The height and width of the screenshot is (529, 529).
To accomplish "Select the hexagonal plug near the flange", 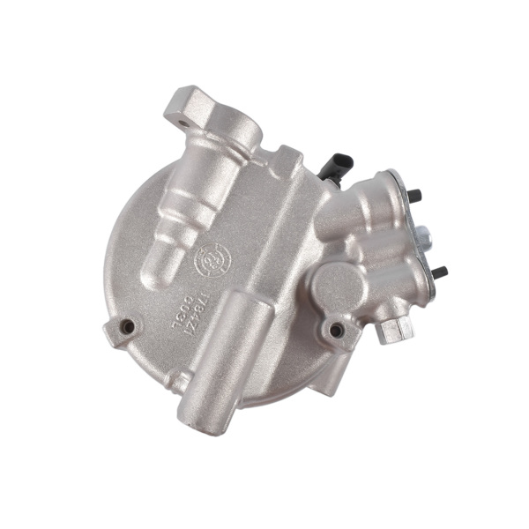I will pyautogui.click(x=393, y=331).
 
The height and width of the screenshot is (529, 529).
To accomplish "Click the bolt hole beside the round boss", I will pyautogui.click(x=336, y=332).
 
